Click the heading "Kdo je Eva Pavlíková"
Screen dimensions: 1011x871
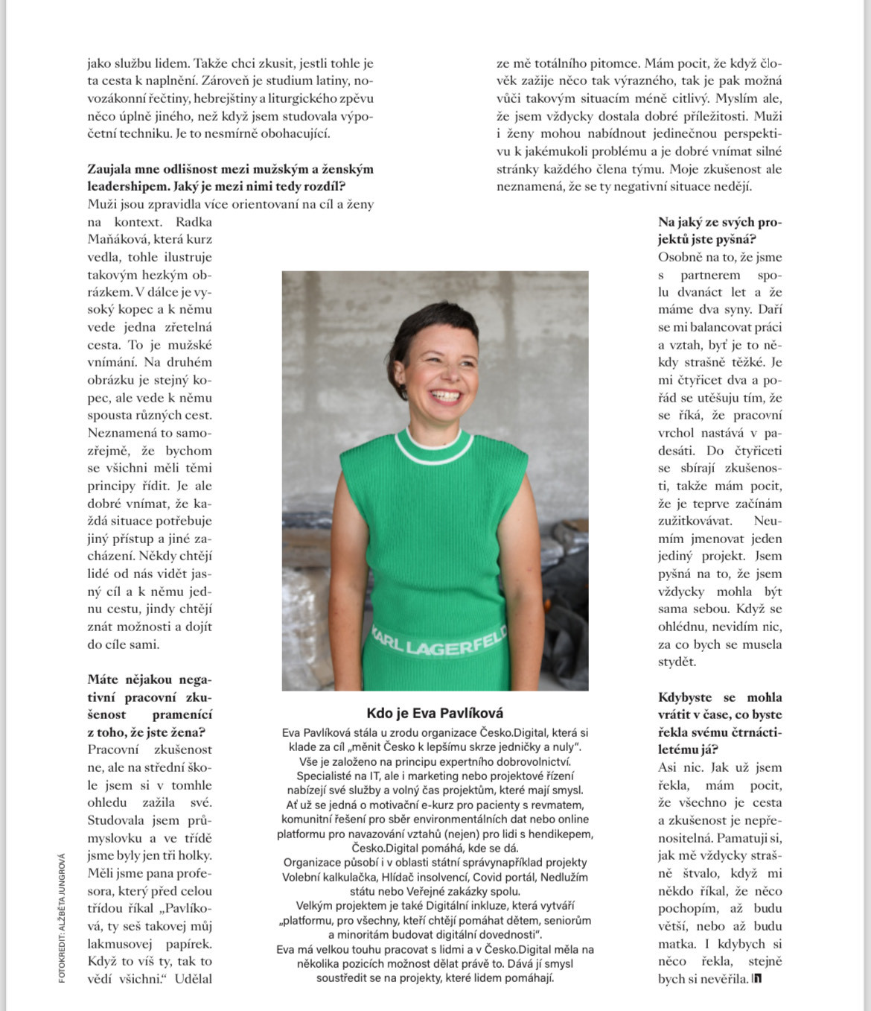435,713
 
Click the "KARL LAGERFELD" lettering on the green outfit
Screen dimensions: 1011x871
438,643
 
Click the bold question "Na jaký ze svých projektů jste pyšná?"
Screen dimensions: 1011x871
719,230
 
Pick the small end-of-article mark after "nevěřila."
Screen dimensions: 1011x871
757,978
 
